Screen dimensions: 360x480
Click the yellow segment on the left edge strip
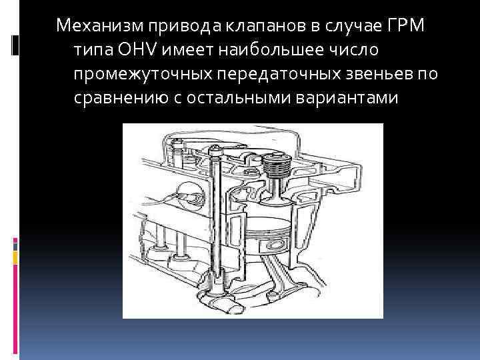coord(15,257)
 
